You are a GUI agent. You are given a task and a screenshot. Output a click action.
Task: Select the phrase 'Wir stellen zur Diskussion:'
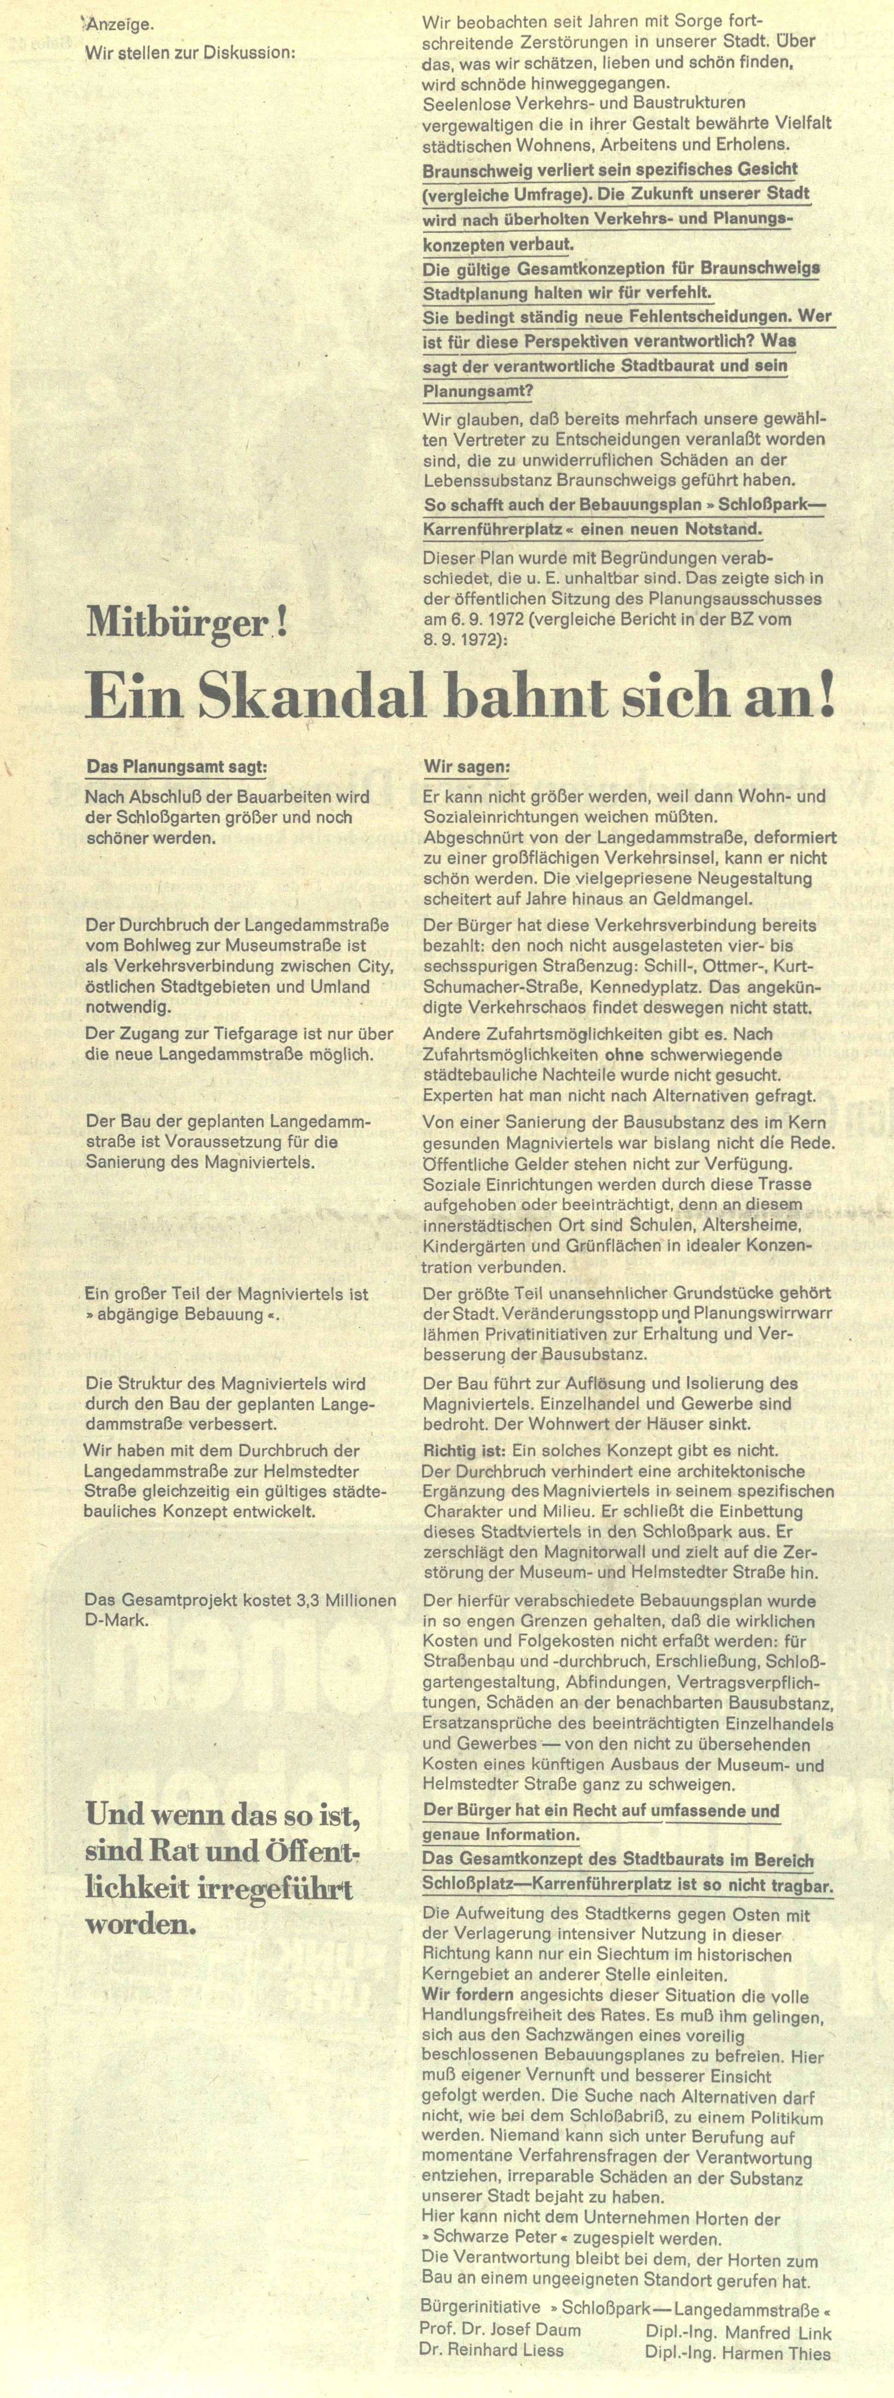190,53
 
